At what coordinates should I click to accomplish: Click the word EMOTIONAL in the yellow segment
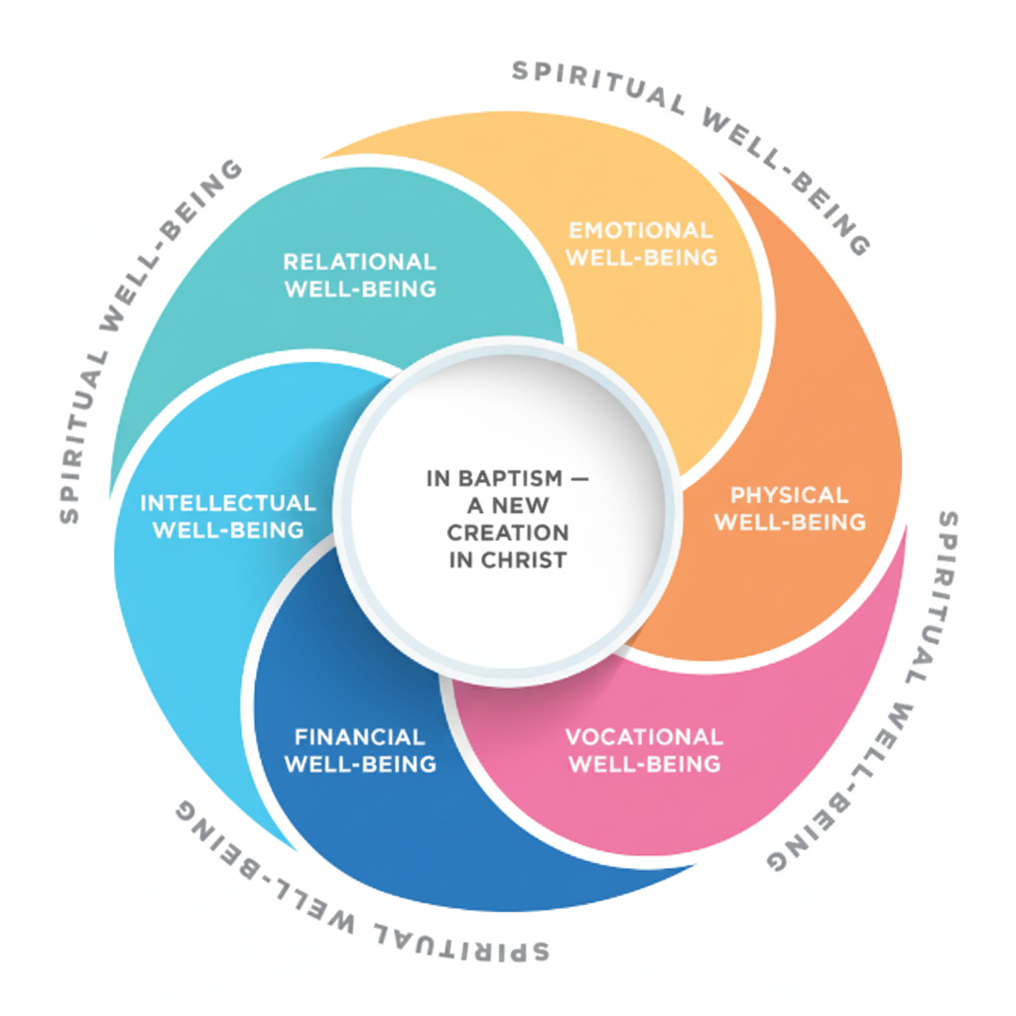tap(640, 231)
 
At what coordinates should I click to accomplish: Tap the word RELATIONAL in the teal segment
tap(359, 262)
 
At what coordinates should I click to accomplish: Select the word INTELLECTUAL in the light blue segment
tap(227, 503)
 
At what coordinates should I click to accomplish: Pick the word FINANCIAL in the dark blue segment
tap(359, 737)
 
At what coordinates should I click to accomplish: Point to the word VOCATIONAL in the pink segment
tap(644, 737)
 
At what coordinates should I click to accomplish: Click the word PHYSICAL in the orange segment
tap(789, 495)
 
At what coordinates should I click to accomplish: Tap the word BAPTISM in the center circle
tap(499, 478)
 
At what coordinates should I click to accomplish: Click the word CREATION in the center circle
tap(507, 533)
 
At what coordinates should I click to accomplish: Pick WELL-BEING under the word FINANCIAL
tap(359, 764)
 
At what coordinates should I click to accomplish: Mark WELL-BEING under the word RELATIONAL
tap(359, 290)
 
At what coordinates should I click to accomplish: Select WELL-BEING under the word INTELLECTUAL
tap(227, 530)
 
